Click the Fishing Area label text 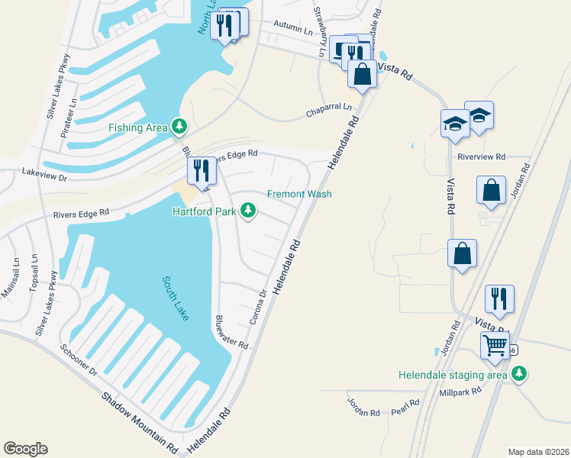point(137,127)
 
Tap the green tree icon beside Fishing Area point(179,125)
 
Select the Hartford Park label point(204,211)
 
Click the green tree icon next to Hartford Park point(247,209)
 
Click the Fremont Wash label point(299,194)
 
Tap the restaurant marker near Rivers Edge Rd point(202,173)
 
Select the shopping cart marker point(495,346)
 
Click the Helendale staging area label point(453,375)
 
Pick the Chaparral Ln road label point(330,108)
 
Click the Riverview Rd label point(482,156)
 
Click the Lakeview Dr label point(45,174)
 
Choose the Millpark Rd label point(460,392)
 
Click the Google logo point(25,449)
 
